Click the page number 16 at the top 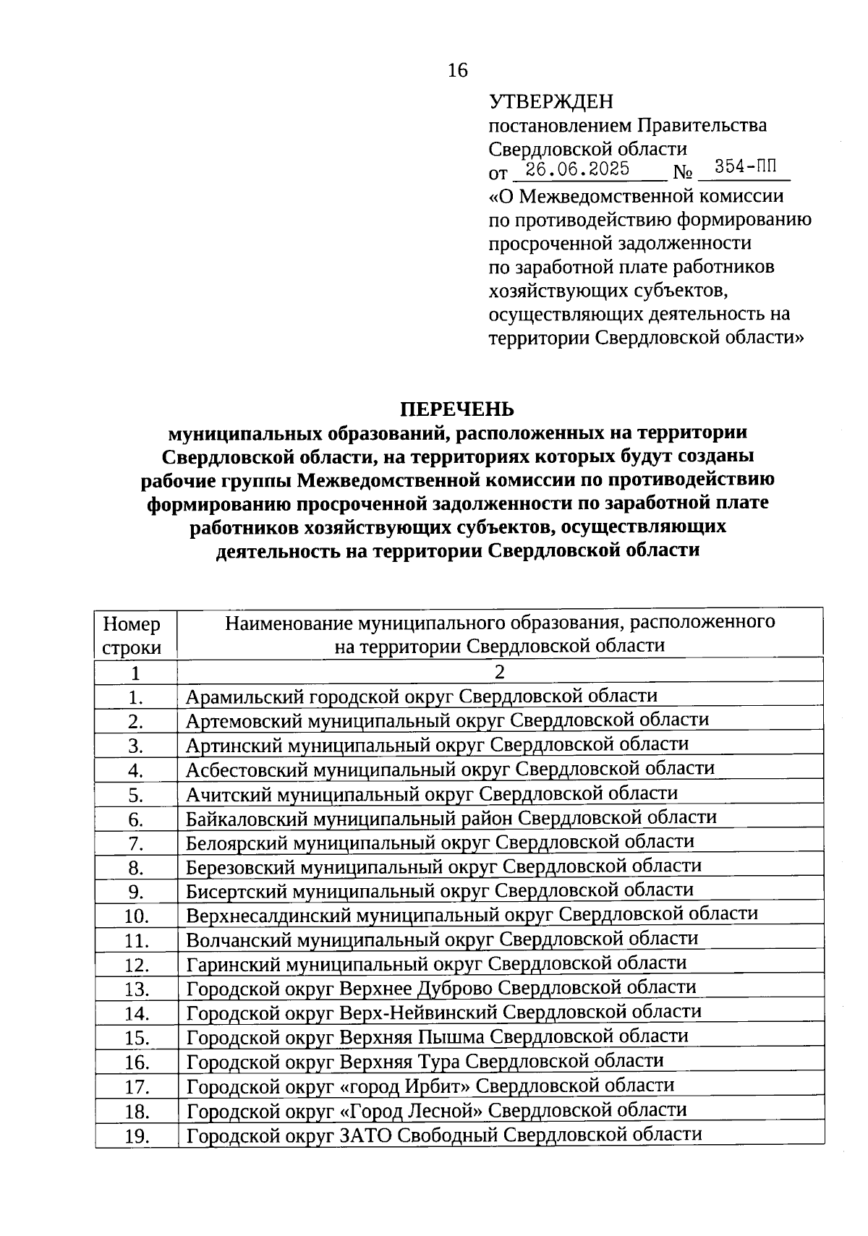click(458, 70)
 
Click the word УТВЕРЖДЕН click(550, 102)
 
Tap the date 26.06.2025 click(577, 170)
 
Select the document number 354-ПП click(741, 169)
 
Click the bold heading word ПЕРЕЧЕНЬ click(458, 409)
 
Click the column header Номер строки click(132, 635)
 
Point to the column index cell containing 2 click(499, 672)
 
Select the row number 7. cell click(136, 843)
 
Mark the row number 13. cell click(136, 989)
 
